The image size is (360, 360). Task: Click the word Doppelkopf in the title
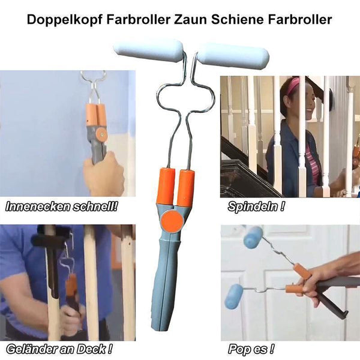65,20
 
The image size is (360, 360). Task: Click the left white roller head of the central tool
148,50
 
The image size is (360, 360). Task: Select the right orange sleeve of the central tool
187,189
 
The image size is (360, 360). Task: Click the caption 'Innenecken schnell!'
61,206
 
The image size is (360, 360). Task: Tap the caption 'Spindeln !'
256,207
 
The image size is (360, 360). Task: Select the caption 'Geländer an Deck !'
59,349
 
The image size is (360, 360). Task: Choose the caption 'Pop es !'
251,349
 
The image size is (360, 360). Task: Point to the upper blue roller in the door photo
253,238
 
